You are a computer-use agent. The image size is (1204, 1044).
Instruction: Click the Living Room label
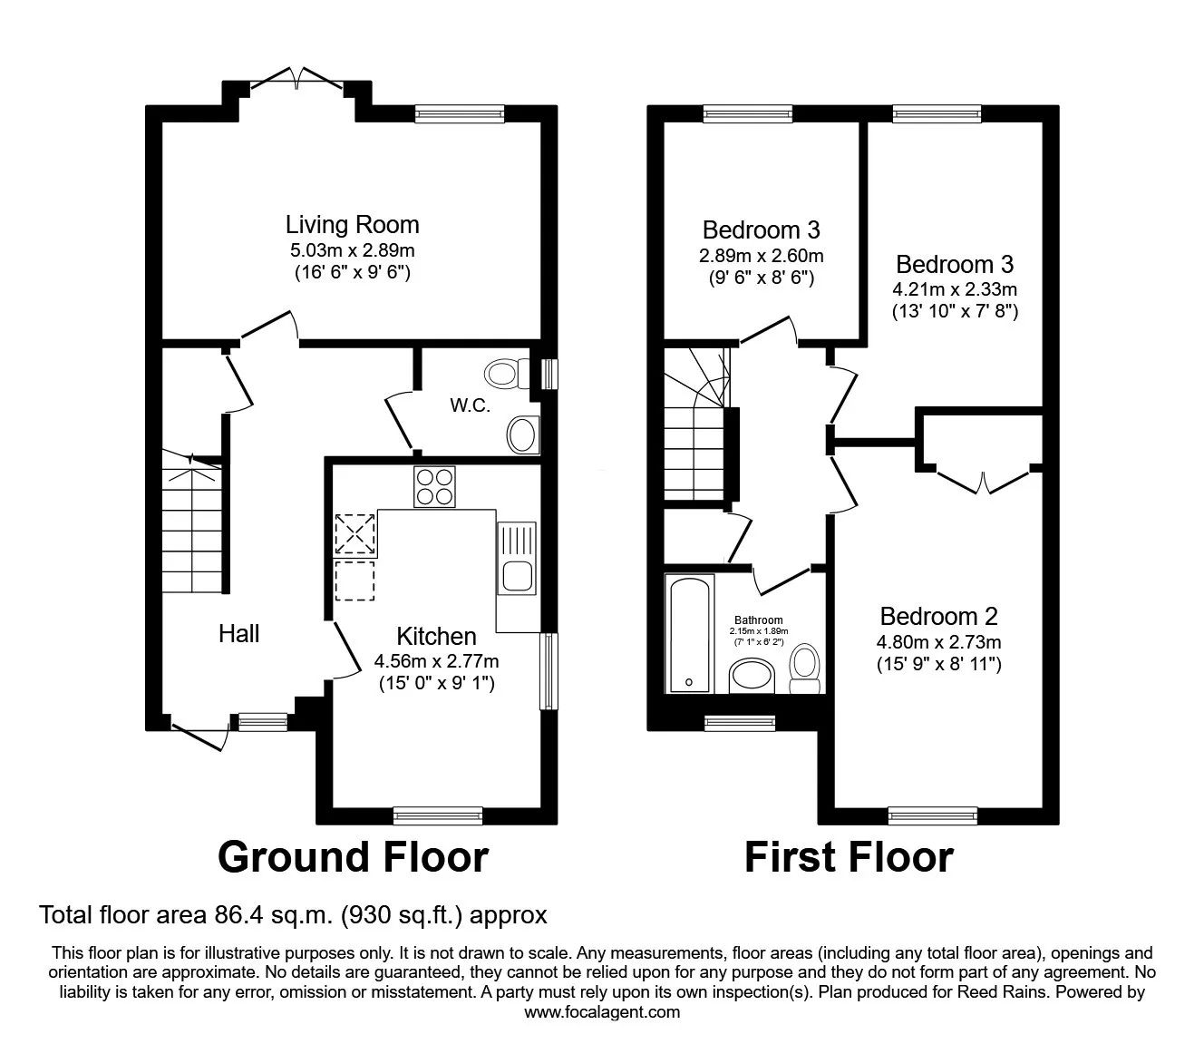[352, 225]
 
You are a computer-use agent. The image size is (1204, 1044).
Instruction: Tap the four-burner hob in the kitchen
[434, 487]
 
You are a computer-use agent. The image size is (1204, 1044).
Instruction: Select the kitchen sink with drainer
[517, 559]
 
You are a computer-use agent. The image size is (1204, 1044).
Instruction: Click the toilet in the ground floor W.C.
[507, 374]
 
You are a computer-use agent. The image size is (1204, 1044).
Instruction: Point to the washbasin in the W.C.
[523, 434]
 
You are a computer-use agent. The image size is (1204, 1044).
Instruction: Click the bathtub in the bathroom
[690, 634]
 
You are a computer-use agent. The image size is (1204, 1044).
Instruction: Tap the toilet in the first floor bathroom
[805, 668]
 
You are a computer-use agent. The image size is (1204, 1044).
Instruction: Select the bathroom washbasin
[752, 676]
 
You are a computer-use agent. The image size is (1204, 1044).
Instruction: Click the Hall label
[238, 634]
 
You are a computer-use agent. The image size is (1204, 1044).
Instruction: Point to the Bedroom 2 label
[938, 616]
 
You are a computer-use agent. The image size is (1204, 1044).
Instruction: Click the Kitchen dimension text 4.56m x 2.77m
[436, 661]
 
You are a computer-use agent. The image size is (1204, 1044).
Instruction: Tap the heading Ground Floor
[353, 857]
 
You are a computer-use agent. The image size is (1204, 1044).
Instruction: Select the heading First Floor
[850, 857]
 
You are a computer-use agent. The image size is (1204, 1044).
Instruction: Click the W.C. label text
[470, 405]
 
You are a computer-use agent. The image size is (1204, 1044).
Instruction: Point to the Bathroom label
[759, 620]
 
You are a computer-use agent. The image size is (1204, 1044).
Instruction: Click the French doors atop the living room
[297, 78]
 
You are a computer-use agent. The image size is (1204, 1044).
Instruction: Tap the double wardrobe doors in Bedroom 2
[984, 482]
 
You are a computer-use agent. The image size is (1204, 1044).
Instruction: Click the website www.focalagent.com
[602, 1028]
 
